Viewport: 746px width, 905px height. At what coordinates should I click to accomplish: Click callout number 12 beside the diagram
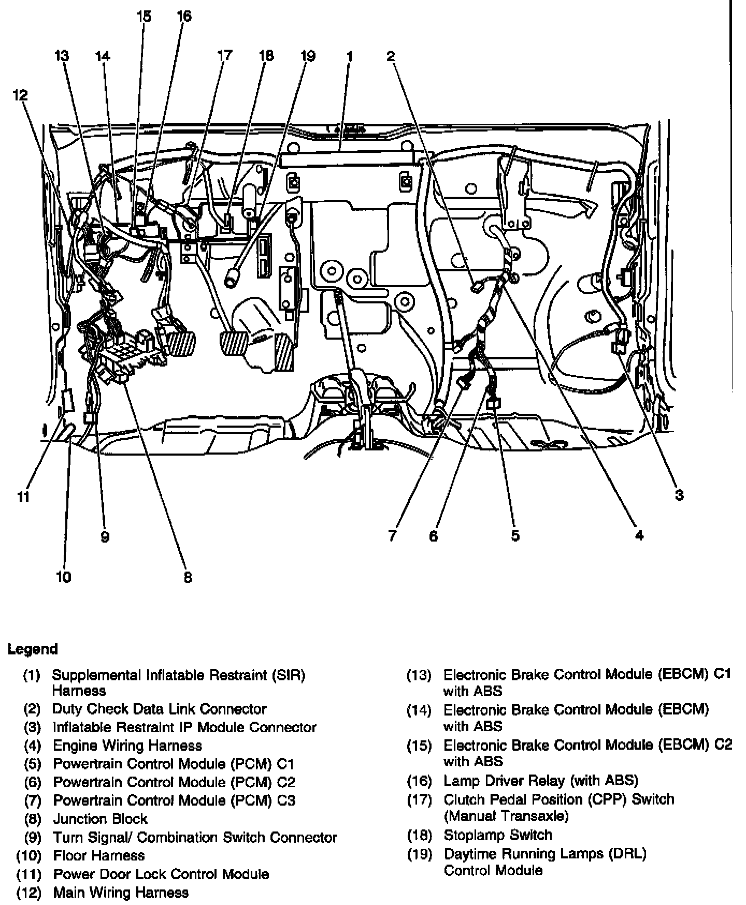tap(21, 95)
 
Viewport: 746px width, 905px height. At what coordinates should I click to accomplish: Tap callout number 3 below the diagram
tap(679, 495)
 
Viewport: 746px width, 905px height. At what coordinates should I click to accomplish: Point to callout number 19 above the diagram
tap(308, 55)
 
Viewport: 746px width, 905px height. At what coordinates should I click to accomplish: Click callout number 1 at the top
tap(350, 55)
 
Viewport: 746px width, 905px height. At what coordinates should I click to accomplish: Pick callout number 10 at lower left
tap(63, 576)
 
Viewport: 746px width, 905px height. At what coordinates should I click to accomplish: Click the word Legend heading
tap(33, 649)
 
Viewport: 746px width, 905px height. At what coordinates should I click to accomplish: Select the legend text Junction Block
tap(100, 819)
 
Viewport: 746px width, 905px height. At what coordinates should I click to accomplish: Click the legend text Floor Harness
tap(99, 855)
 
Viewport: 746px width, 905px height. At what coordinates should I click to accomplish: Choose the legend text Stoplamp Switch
tap(498, 835)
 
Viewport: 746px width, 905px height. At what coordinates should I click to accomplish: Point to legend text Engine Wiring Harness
tap(127, 746)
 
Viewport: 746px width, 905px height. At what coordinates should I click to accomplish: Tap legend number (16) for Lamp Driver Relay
tap(419, 781)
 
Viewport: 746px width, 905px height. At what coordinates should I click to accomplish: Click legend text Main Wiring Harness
tap(121, 892)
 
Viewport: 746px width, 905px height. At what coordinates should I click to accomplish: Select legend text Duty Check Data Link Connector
tap(160, 709)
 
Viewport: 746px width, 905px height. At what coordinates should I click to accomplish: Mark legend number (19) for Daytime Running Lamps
tap(419, 854)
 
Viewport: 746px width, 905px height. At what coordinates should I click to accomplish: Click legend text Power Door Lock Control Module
tap(161, 874)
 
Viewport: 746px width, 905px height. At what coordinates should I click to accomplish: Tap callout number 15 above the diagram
tap(144, 17)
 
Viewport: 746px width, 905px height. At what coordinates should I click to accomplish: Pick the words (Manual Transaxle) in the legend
tap(506, 816)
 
